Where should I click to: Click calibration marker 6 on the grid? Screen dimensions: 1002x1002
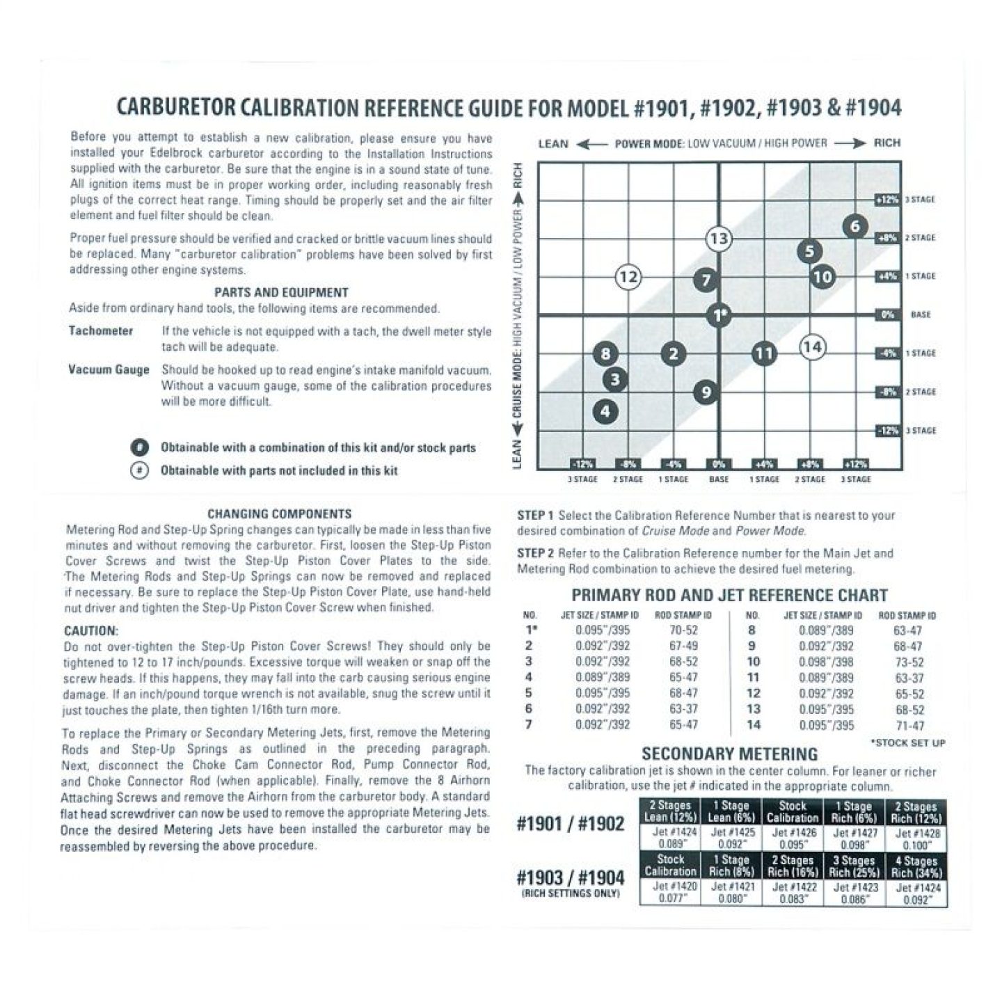pos(855,226)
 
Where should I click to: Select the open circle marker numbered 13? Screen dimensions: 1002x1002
pos(719,239)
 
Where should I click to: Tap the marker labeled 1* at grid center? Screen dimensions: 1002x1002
pos(719,316)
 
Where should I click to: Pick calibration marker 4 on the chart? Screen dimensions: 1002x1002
pos(605,411)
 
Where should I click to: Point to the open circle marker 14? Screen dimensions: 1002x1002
pos(812,347)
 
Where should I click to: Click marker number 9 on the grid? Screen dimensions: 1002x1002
pos(706,392)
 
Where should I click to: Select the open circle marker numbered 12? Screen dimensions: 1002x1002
pos(628,277)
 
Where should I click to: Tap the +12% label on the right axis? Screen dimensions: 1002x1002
pos(887,200)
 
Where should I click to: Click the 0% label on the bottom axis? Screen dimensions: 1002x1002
pos(719,464)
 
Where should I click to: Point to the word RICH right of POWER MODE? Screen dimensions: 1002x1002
pos(886,143)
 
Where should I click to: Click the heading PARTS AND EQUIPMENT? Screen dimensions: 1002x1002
pos(280,293)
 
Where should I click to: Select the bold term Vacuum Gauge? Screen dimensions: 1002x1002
pos(109,369)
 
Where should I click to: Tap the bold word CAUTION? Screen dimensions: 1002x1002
pos(91,631)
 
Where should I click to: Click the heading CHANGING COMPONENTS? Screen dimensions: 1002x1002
pos(280,514)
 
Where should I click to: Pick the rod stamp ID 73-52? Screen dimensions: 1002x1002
pos(908,662)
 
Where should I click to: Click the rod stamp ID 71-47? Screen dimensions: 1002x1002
pos(909,725)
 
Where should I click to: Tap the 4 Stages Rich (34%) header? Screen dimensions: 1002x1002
pos(916,866)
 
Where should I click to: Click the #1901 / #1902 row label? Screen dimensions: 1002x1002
pos(571,825)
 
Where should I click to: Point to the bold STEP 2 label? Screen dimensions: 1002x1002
pos(535,554)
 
